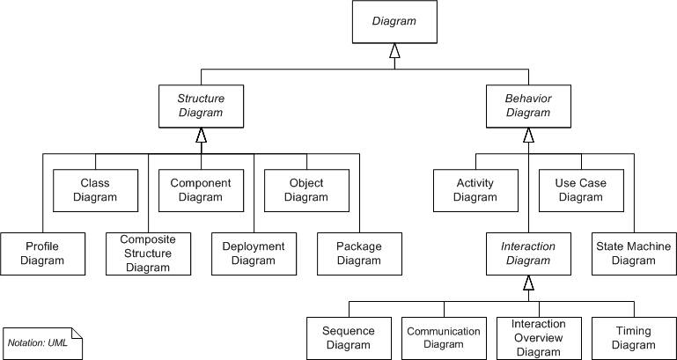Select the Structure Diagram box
[201, 106]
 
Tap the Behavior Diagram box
[528, 106]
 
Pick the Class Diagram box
[95, 189]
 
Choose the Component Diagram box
[201, 189]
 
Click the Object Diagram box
[306, 189]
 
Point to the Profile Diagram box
[42, 253]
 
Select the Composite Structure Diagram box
[148, 253]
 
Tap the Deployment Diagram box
[254, 253]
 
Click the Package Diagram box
[359, 253]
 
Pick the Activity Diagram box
[475, 189]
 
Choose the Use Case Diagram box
[581, 189]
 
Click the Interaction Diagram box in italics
[528, 253]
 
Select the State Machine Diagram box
[634, 253]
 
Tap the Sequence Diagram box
[349, 338]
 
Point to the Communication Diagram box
[444, 338]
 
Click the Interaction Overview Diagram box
[539, 338]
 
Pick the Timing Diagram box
[634, 338]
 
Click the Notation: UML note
[42, 342]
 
